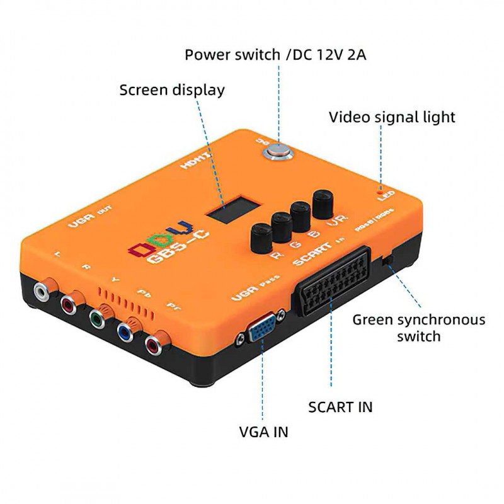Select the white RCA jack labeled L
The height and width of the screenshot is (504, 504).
(x=42, y=291)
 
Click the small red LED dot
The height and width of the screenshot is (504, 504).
(x=379, y=189)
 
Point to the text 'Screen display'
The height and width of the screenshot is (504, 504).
(x=172, y=90)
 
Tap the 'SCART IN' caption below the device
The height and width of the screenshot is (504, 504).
(x=340, y=406)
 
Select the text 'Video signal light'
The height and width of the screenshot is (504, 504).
(x=392, y=117)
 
